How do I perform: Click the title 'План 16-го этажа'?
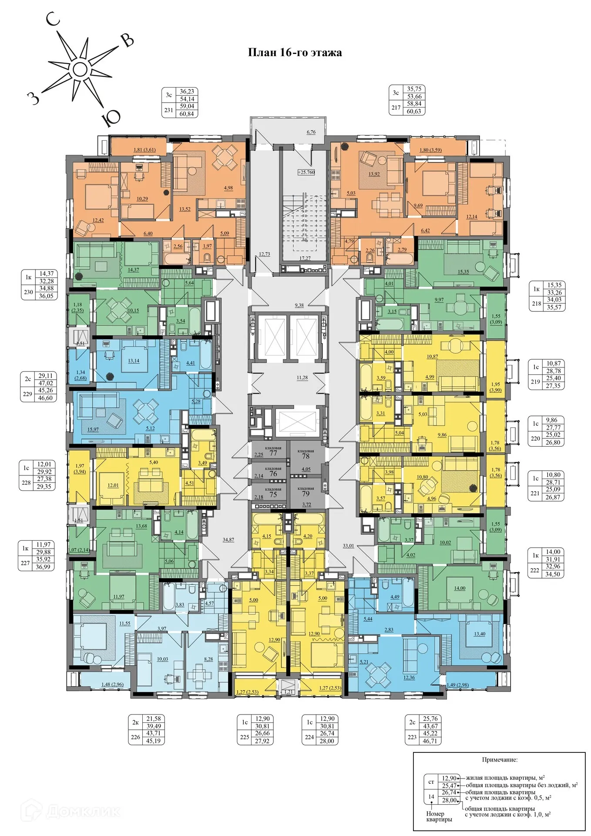pyautogui.click(x=295, y=53)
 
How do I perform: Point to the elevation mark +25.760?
pyautogui.click(x=306, y=172)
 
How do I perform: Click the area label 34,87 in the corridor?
pyautogui.click(x=228, y=539)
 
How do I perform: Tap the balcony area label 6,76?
pyautogui.click(x=311, y=132)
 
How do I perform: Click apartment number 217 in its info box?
pyautogui.click(x=396, y=108)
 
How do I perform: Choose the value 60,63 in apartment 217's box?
pyautogui.click(x=414, y=111)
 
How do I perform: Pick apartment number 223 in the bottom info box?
pyautogui.click(x=412, y=737)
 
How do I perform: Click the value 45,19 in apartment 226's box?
pyautogui.click(x=153, y=741)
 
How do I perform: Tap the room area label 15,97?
pyautogui.click(x=93, y=429)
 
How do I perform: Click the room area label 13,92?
pyautogui.click(x=374, y=174)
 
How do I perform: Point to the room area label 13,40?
pyautogui.click(x=479, y=634)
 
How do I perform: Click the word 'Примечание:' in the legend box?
pyautogui.click(x=500, y=760)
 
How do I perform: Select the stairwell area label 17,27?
pyautogui.click(x=305, y=258)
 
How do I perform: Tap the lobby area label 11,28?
pyautogui.click(x=302, y=378)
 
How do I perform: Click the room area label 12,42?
pyautogui.click(x=98, y=220)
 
